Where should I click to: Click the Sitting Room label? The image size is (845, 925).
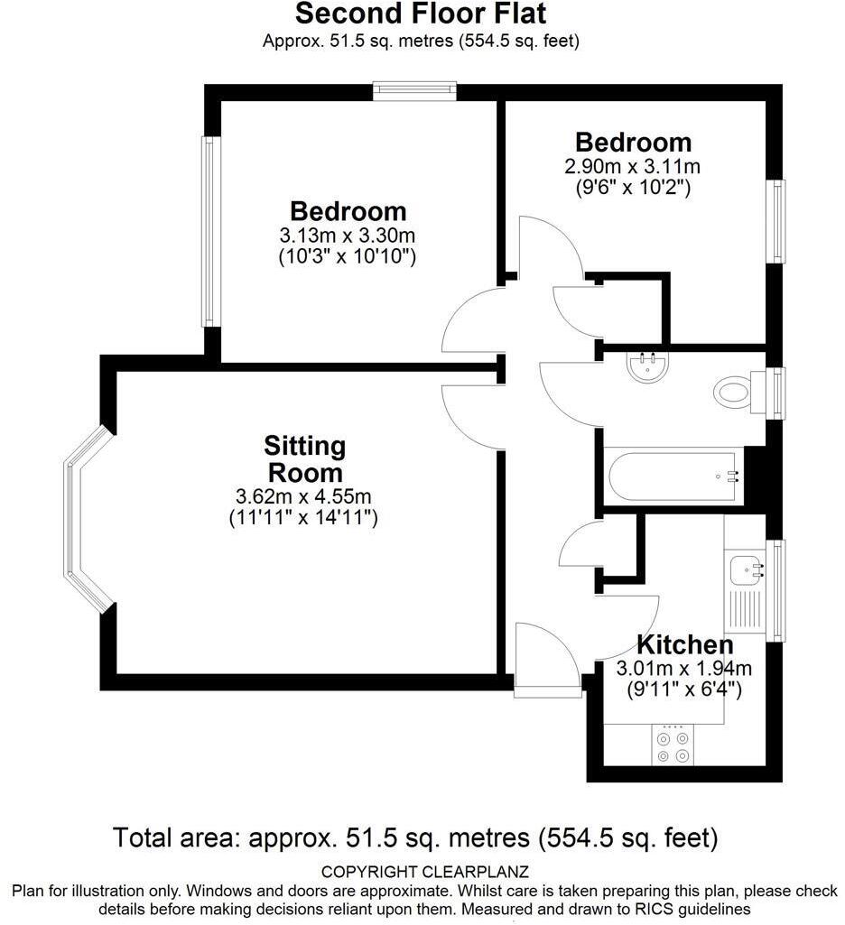(x=303, y=459)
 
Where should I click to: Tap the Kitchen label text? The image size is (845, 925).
(x=684, y=645)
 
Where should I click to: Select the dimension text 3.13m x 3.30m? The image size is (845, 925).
(x=348, y=236)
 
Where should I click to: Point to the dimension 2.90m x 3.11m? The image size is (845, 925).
(x=633, y=167)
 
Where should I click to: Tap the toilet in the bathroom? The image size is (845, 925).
(x=733, y=392)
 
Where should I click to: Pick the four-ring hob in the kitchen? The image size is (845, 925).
(x=673, y=746)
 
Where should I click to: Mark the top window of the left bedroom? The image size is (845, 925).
(x=415, y=90)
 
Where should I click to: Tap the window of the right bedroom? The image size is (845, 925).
(x=775, y=222)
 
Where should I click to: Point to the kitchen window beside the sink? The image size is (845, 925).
(x=775, y=589)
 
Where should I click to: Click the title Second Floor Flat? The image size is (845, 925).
(x=421, y=14)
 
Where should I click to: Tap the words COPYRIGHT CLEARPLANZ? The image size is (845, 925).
(x=425, y=872)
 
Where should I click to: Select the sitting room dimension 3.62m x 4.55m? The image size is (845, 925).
(x=303, y=497)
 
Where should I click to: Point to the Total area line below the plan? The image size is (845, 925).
(x=415, y=838)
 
